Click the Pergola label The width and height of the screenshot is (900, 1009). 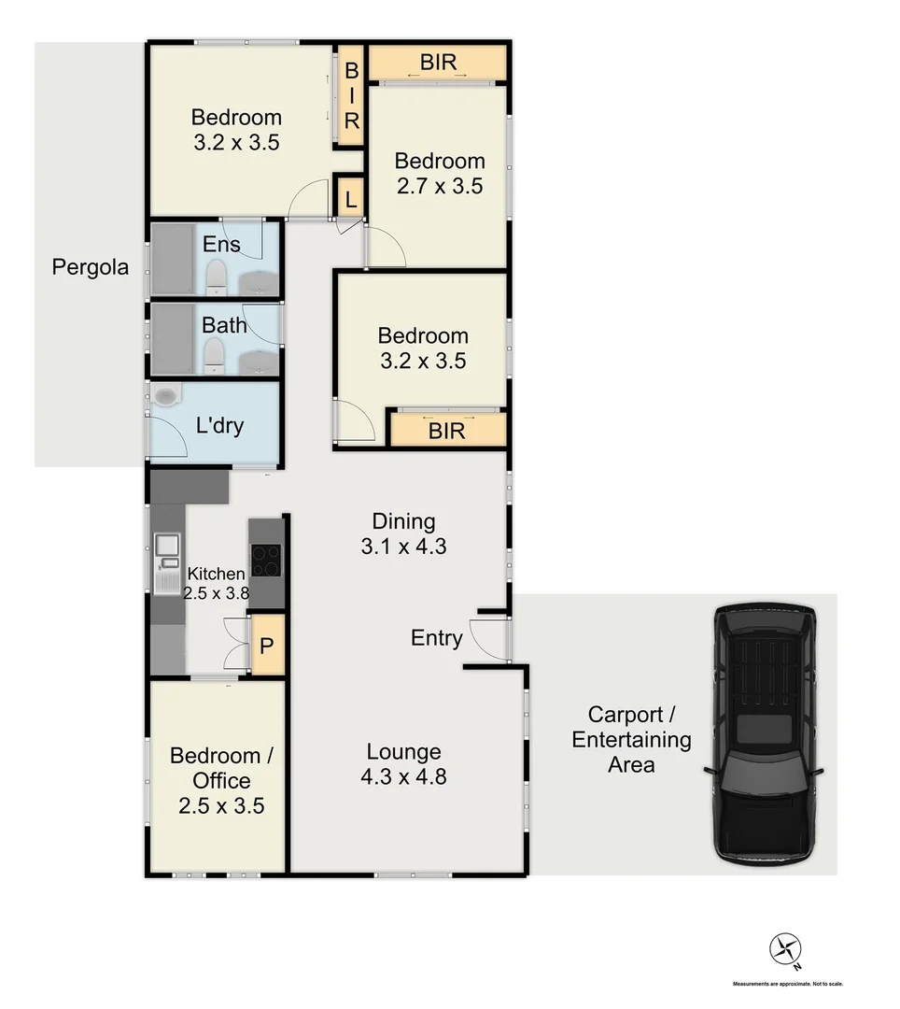91,266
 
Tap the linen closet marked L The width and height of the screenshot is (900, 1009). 349,199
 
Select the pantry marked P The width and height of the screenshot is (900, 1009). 266,646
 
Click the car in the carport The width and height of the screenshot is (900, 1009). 764,733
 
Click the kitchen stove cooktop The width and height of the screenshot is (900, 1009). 265,561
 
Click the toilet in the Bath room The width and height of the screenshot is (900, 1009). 215,354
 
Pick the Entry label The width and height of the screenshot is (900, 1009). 436,638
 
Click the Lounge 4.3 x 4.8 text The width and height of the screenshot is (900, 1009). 403,763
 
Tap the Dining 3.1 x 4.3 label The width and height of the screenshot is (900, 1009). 403,533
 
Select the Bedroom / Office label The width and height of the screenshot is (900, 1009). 222,780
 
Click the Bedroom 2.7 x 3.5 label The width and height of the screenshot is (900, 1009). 439,173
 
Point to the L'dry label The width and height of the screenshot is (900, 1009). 219,426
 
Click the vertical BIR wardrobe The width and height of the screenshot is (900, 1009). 351,96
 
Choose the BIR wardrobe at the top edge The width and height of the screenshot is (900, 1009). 438,63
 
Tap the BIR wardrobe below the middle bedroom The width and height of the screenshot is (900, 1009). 446,431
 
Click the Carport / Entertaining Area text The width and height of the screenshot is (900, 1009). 631,740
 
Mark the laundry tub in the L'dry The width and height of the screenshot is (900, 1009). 165,396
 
